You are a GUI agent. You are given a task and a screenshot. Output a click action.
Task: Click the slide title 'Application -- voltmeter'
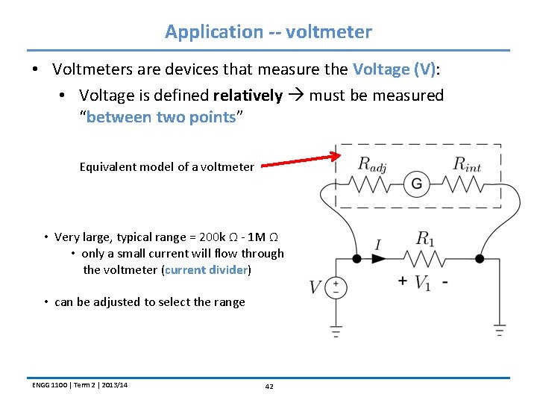[268, 32]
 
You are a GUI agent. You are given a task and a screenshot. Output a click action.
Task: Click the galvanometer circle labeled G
[417, 184]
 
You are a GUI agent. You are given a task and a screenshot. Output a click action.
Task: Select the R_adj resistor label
[372, 163]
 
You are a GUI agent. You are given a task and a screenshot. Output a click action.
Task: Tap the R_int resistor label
[467, 163]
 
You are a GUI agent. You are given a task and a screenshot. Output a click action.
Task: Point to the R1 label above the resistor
[425, 239]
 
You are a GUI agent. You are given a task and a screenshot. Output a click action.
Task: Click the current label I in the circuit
[378, 245]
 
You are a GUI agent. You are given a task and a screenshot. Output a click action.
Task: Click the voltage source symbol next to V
[336, 287]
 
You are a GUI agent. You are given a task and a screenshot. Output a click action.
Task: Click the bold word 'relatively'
[248, 96]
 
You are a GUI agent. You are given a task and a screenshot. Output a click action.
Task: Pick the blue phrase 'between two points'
[161, 117]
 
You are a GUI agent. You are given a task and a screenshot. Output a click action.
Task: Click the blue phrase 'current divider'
[206, 269]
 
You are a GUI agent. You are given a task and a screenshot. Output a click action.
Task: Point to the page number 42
[268, 386]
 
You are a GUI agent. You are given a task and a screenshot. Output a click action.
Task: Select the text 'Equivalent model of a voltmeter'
[166, 166]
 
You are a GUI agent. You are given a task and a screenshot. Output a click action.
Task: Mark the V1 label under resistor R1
[422, 283]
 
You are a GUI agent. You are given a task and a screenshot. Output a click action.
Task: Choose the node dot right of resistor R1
[479, 258]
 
